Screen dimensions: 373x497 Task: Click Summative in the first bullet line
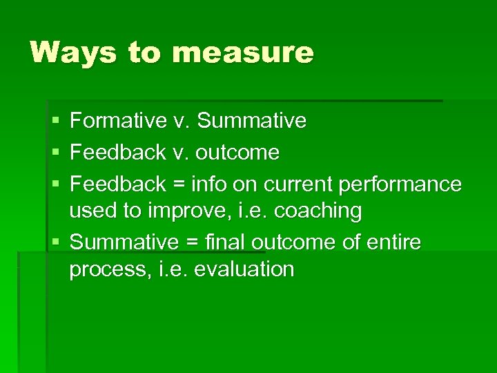[251, 121]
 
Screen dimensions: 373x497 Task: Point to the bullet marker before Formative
[55, 122]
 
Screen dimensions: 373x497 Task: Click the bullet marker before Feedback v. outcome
[55, 153]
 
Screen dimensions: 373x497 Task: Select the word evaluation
[244, 269]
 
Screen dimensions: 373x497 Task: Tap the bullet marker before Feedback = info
[55, 185]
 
